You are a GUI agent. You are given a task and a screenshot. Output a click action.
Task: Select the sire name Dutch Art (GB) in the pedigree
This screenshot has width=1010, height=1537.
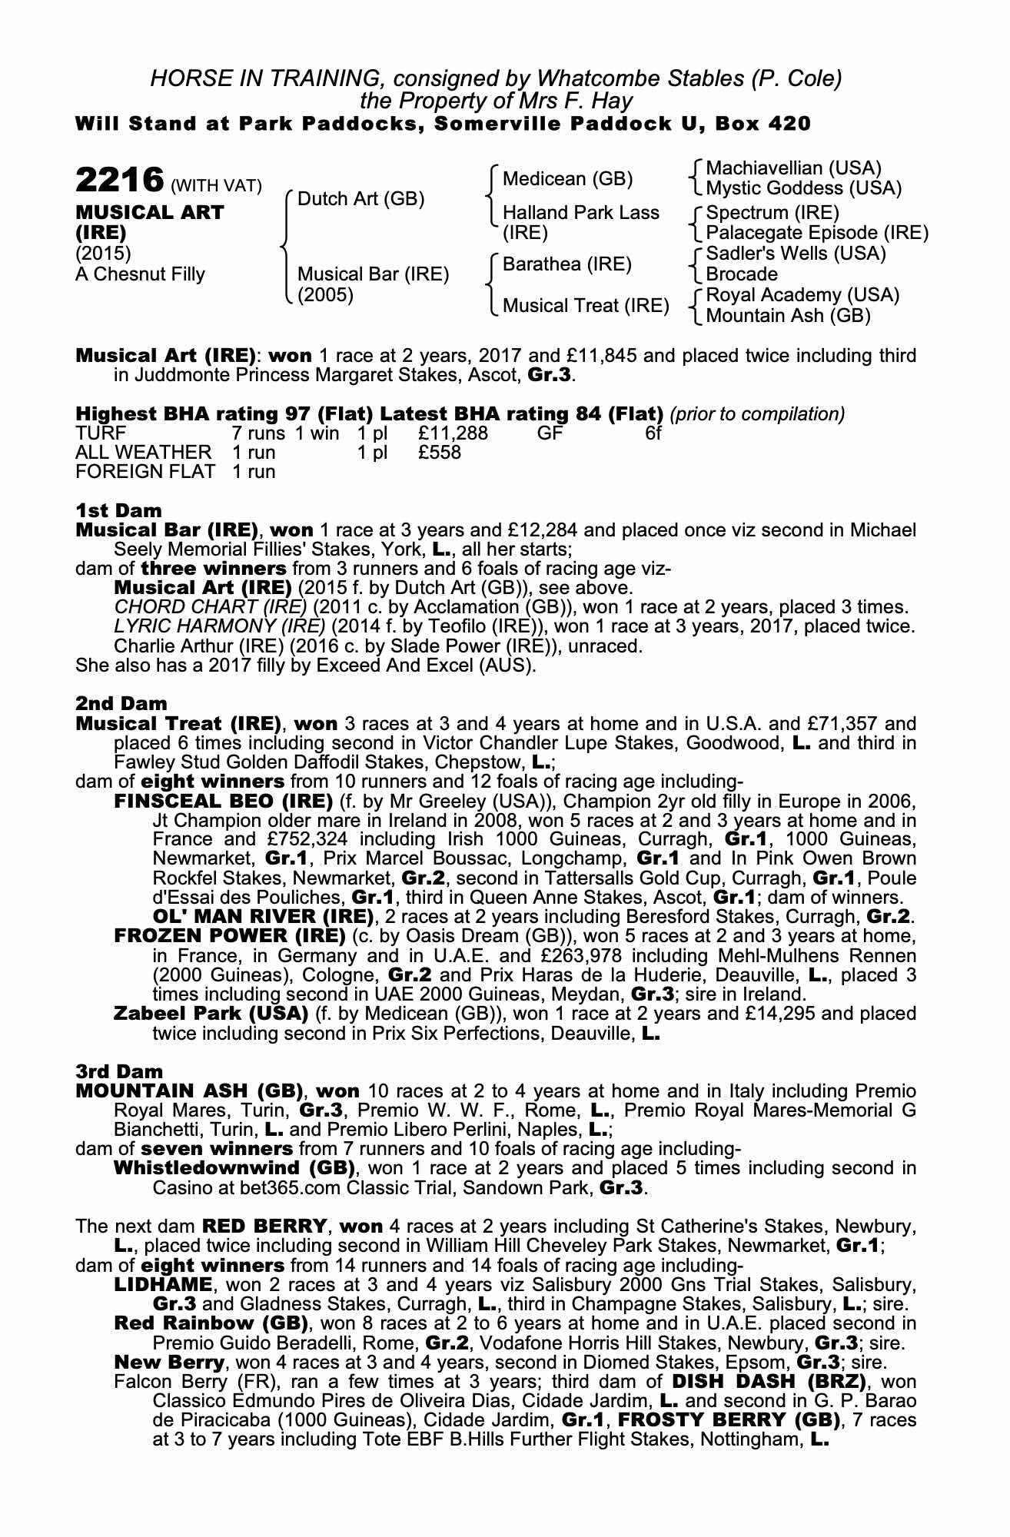[360, 199]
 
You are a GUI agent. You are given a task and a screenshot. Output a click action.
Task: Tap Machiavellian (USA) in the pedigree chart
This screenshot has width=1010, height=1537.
[793, 168]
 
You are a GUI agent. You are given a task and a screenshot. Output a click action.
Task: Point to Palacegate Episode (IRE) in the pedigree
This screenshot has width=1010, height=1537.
[816, 232]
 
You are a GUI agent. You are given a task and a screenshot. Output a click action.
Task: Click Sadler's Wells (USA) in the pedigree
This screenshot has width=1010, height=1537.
[796, 254]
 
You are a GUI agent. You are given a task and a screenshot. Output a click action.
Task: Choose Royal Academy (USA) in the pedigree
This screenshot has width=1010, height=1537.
[802, 295]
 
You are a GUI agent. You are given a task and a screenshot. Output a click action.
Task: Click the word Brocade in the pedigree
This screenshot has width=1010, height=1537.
[741, 274]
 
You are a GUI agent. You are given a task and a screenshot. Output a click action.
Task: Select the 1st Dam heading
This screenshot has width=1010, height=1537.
[118, 510]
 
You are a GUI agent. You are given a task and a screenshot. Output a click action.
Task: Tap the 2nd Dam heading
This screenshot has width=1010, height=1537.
[121, 703]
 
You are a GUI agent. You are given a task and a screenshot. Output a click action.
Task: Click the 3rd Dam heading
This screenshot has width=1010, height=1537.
[119, 1071]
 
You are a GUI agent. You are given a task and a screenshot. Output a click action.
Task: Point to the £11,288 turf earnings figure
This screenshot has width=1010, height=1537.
[453, 433]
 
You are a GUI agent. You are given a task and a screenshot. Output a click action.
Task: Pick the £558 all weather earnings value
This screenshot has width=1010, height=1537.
[440, 453]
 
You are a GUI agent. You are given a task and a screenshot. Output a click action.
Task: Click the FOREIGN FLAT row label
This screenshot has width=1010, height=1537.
[145, 472]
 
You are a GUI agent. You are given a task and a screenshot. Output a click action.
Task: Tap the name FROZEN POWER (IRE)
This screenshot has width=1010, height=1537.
[229, 936]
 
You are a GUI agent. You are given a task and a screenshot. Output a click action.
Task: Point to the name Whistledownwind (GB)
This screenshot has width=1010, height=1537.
[234, 1168]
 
